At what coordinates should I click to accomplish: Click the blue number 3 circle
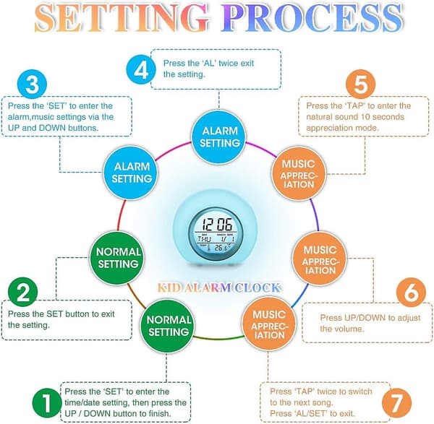[x=32, y=84]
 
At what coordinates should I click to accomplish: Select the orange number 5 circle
[x=361, y=84]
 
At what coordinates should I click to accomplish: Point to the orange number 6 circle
[x=411, y=293]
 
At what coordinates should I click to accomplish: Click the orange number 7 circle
[x=396, y=403]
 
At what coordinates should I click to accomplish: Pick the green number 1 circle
[x=47, y=403]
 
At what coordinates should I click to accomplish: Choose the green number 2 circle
[x=22, y=292]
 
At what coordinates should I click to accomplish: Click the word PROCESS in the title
[x=312, y=17]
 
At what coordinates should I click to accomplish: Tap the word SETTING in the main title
[x=122, y=17]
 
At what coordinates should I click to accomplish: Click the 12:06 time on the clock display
[x=218, y=224]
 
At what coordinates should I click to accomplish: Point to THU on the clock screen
[x=204, y=239]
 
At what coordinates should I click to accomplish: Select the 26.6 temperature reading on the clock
[x=221, y=247]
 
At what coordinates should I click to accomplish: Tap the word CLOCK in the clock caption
[x=258, y=287]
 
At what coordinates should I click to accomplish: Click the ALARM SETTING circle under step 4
[x=219, y=137]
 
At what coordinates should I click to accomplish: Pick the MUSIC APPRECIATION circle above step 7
[x=268, y=324]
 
